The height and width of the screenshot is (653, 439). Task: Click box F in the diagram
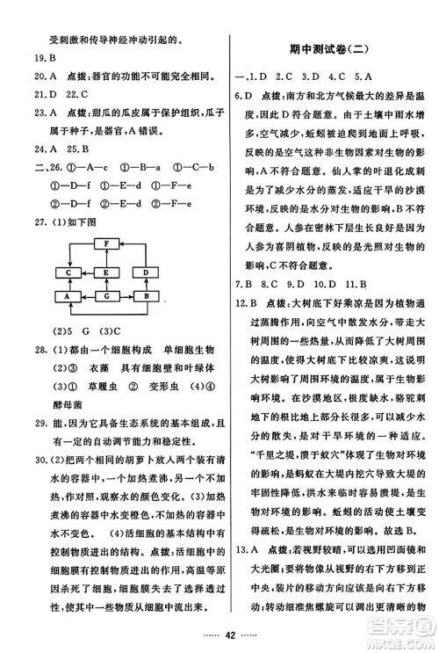tap(105, 243)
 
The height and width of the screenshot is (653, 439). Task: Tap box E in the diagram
tap(105, 273)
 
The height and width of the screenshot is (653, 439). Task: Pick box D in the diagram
tap(147, 273)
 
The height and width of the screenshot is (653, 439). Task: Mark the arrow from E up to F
tap(105, 258)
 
